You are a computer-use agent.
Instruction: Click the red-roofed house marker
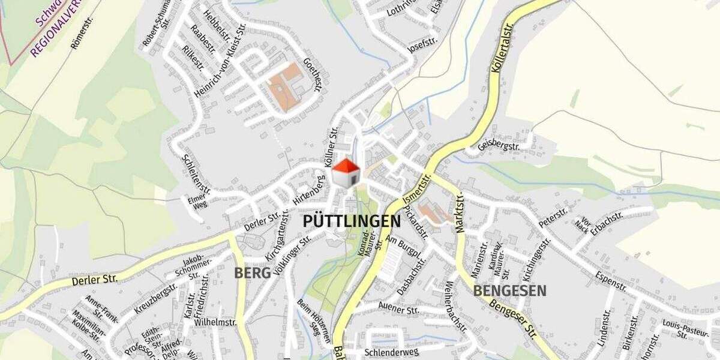pos(346,173)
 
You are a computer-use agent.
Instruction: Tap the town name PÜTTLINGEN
pos(352,221)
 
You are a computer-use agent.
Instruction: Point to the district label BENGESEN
pos(510,291)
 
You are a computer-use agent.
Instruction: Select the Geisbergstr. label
pos(499,141)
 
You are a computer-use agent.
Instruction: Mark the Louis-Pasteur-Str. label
pos(679,329)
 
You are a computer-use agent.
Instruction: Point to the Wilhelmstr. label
pos(215,322)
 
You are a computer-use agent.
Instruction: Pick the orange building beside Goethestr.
pos(284,87)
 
